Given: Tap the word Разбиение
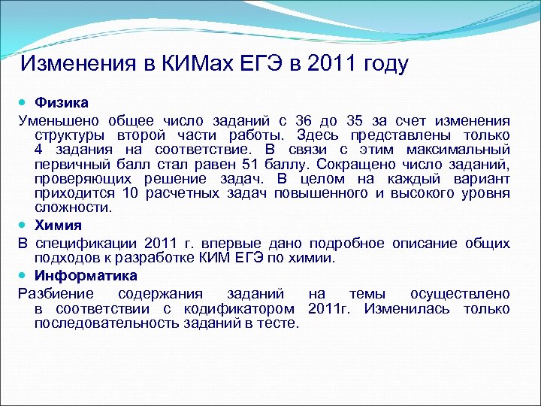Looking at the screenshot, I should tap(56, 293).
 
